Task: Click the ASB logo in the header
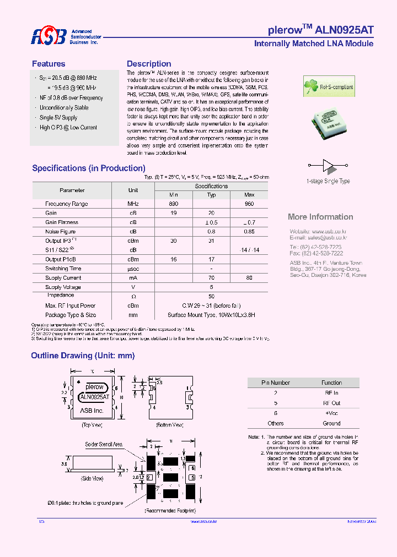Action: pyautogui.click(x=49, y=37)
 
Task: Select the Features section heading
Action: pyautogui.click(x=49, y=64)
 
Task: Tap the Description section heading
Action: pyautogui.click(x=149, y=64)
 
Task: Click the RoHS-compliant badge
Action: pyautogui.click(x=329, y=86)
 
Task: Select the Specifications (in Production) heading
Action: pyautogui.click(x=89, y=168)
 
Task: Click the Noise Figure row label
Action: pyautogui.click(x=61, y=232)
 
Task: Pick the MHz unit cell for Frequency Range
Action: pyautogui.click(x=133, y=204)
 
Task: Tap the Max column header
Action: pyautogui.click(x=249, y=195)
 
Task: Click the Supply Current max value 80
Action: pyautogui.click(x=249, y=278)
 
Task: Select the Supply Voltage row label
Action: pyautogui.click(x=61, y=287)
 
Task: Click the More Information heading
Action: pyautogui.click(x=320, y=217)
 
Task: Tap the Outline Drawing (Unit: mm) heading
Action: pyautogui.click(x=83, y=356)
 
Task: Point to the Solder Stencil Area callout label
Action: pyautogui.click(x=104, y=444)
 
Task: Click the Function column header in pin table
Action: pyautogui.click(x=332, y=383)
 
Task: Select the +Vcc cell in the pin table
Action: pyautogui.click(x=332, y=413)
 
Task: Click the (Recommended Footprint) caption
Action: pyautogui.click(x=170, y=511)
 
